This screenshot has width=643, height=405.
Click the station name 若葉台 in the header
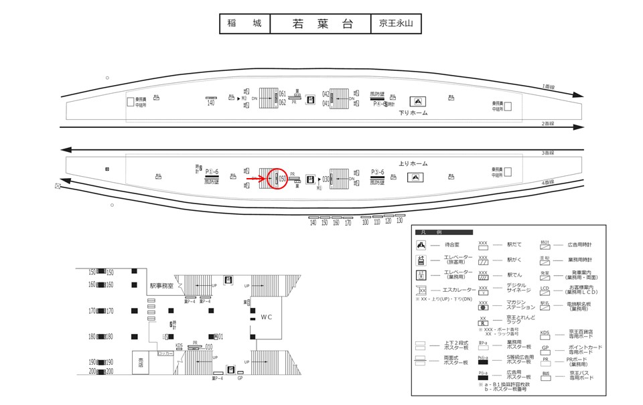[321, 23]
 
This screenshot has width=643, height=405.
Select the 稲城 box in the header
[244, 23]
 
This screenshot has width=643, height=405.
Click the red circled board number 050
[282, 179]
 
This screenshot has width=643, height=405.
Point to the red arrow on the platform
[260, 179]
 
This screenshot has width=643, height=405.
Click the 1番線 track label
[548, 86]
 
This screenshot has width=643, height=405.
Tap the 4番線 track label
[548, 182]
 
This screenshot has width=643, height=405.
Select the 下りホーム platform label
[413, 112]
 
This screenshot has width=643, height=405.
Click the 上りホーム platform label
[414, 163]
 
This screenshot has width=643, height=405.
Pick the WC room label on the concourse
[267, 316]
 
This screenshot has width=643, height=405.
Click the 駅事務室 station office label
[161, 286]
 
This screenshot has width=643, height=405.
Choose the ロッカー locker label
[165, 353]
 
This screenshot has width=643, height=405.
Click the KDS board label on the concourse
[179, 346]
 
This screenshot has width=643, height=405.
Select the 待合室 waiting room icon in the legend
[421, 246]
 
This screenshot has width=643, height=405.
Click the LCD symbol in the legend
[545, 289]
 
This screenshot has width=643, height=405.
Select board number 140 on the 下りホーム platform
[210, 102]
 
